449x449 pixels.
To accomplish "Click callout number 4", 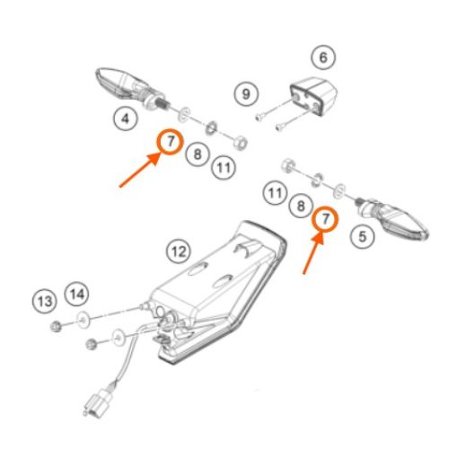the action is point(126,119).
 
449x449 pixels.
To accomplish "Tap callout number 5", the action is point(363,236).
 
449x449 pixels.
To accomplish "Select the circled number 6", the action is point(323,57).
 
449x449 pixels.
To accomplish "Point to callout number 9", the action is point(246,94).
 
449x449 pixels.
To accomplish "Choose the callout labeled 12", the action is point(179,251).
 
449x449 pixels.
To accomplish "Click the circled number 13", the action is point(45,301).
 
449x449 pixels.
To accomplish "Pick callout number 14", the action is point(77,294).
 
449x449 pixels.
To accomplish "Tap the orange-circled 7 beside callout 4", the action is point(170,142).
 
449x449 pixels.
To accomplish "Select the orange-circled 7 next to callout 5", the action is point(325,219).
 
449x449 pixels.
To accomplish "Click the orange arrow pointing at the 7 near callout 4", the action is point(140,170).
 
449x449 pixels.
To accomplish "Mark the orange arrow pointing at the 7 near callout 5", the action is point(313,253).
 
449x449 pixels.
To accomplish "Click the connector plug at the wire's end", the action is point(98,401).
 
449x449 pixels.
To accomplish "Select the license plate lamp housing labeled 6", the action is point(313,95).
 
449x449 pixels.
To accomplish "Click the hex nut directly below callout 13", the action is point(56,326).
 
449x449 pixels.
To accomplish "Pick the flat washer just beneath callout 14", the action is point(83,320).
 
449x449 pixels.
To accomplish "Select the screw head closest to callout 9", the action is point(259,118).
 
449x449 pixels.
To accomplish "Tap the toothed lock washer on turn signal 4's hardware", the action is point(212,128).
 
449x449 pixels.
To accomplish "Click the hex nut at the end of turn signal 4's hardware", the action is point(240,143).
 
